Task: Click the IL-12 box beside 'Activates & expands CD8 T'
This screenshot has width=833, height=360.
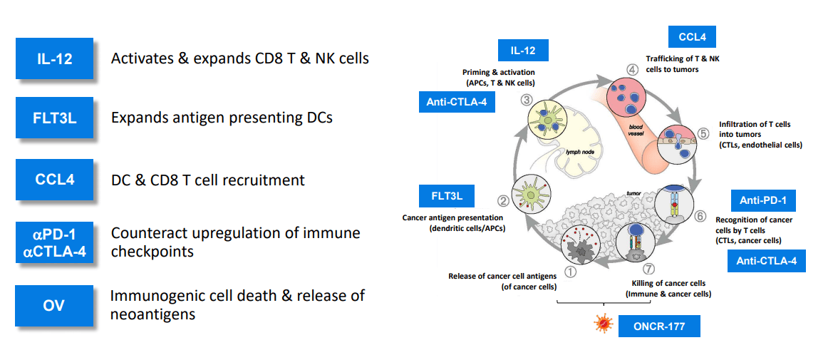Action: coord(54,58)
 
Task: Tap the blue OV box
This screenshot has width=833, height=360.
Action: coord(54,306)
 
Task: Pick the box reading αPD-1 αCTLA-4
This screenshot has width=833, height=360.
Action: coord(54,242)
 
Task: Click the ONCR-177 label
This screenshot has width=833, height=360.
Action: coord(659,326)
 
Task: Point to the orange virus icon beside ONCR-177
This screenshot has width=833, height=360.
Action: coord(604,325)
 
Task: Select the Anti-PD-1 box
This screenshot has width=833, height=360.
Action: coord(763,199)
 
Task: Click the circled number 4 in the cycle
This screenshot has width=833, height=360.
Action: coord(631,70)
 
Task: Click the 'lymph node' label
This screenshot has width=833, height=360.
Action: coord(580,152)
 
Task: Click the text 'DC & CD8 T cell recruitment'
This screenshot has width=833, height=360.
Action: coord(207,180)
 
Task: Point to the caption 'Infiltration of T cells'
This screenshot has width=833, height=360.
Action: coord(755,124)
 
